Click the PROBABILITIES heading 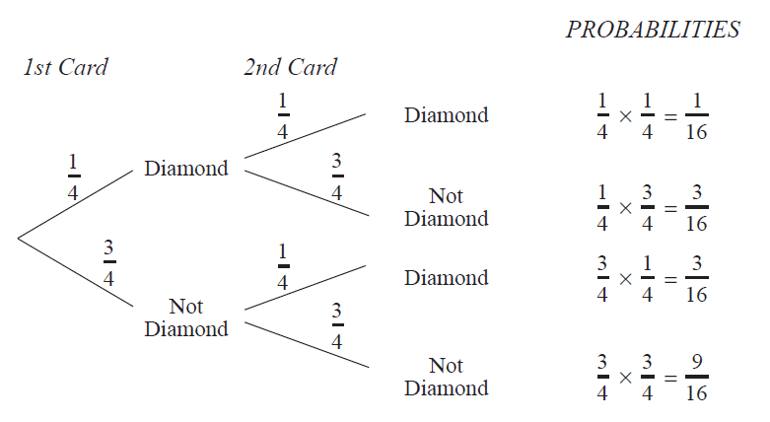tap(653, 30)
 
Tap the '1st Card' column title tap(65, 68)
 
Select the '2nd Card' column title tap(290, 68)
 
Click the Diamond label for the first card tap(186, 169)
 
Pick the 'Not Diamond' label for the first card tap(186, 317)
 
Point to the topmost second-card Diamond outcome tap(446, 115)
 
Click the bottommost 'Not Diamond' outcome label tap(446, 377)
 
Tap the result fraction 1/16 tap(696, 116)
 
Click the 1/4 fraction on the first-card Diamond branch tap(72, 177)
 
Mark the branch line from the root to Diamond tap(75, 204)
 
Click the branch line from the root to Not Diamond tap(75, 271)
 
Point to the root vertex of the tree tap(18, 238)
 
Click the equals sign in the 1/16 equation tap(670, 116)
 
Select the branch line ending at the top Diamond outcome tap(306, 135)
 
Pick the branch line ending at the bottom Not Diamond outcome tap(306, 341)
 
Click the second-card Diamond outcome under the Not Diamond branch tap(446, 278)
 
